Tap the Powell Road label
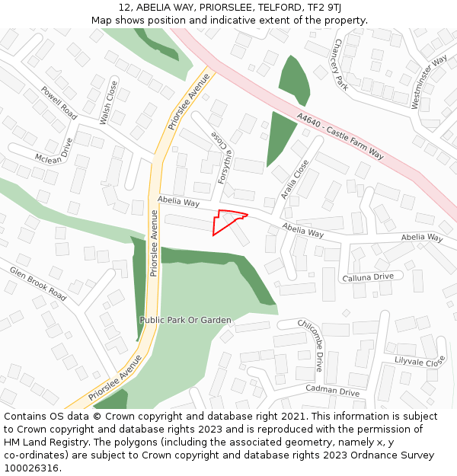[59, 103]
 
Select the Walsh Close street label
[109, 104]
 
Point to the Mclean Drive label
[55, 151]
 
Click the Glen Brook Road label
[38, 282]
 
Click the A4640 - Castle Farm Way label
[341, 137]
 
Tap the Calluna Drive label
[368, 276]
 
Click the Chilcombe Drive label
[311, 340]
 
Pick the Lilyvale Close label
[420, 362]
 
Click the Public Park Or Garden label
[185, 320]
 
